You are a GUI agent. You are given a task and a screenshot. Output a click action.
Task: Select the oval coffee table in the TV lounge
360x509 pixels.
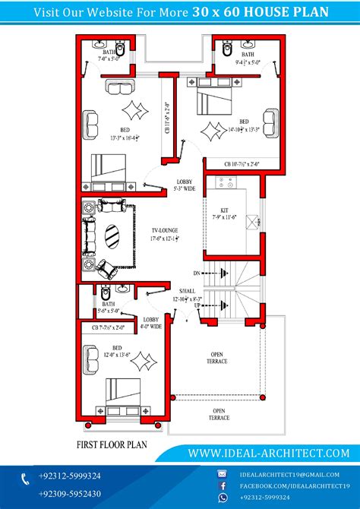[x=112, y=235]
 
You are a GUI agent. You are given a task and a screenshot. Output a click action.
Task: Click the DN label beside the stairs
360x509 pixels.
[x=196, y=272]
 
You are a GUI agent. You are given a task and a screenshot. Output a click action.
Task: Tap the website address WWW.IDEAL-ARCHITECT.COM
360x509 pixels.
[x=269, y=453]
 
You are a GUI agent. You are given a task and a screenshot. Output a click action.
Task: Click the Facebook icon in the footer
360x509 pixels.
[x=223, y=485]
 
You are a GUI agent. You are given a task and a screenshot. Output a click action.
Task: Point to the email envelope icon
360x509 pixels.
[x=223, y=473]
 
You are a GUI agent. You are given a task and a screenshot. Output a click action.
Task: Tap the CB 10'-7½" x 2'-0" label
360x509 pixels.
[x=242, y=164]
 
